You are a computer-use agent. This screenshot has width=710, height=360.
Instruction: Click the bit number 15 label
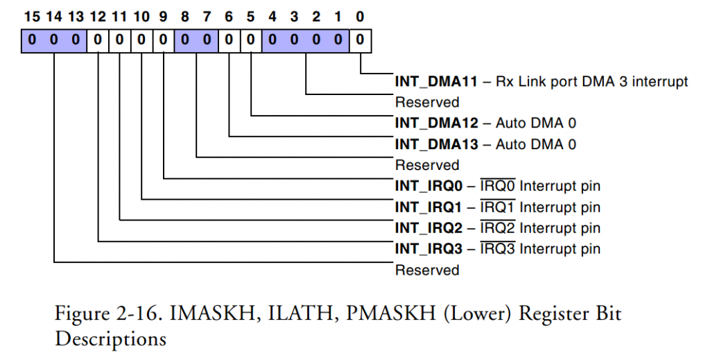pyautogui.click(x=31, y=16)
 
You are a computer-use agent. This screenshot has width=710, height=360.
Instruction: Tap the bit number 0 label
pyautogui.click(x=359, y=16)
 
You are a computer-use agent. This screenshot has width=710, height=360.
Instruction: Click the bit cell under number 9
pyautogui.click(x=163, y=41)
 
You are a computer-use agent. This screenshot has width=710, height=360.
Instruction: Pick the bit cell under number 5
pyautogui.click(x=250, y=41)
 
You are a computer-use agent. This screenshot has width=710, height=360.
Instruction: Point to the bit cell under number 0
pyautogui.click(x=359, y=41)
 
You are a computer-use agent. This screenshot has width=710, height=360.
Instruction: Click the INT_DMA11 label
pyautogui.click(x=436, y=81)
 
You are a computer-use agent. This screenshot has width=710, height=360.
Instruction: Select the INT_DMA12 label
pyautogui.click(x=436, y=123)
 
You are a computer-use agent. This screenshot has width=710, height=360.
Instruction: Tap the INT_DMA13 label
pyautogui.click(x=436, y=144)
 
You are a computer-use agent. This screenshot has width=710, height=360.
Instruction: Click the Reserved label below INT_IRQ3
pyautogui.click(x=427, y=270)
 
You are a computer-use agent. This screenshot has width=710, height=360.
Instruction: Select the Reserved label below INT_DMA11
pyautogui.click(x=427, y=102)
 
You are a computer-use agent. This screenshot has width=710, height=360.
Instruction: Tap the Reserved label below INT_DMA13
pyautogui.click(x=427, y=165)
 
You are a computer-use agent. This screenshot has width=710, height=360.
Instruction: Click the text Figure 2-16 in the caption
pyautogui.click(x=103, y=314)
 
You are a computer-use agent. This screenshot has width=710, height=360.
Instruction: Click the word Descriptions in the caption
pyautogui.click(x=110, y=340)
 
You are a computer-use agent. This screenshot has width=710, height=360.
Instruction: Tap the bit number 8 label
pyautogui.click(x=184, y=16)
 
